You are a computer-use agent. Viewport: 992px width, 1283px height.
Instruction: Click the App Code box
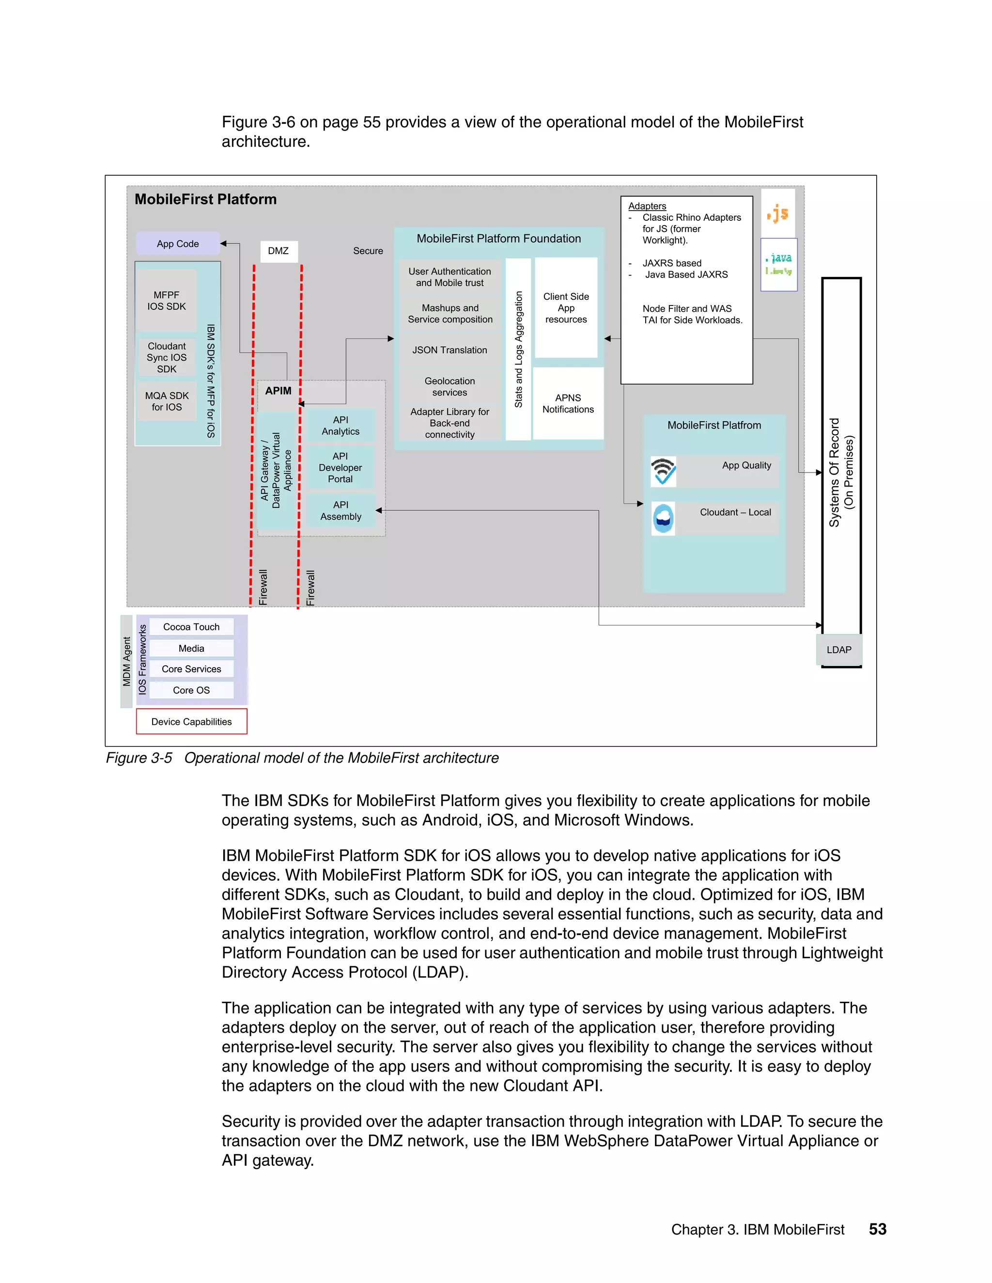pos(177,243)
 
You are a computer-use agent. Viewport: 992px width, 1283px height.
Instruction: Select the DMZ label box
pos(279,251)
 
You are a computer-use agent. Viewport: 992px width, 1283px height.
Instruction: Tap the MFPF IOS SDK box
pos(166,301)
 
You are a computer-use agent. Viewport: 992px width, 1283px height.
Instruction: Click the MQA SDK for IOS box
pos(167,402)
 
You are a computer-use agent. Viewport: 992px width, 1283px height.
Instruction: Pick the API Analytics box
pos(340,425)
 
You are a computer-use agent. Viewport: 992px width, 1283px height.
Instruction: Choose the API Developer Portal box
pos(340,468)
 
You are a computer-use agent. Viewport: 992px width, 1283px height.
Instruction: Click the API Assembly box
pos(340,510)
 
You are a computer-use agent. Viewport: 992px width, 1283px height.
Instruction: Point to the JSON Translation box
pos(449,350)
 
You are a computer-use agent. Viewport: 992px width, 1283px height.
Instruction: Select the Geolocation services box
pos(449,386)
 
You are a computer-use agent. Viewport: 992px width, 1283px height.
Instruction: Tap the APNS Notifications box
pos(568,404)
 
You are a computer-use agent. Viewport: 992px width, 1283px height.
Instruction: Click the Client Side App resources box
pos(566,308)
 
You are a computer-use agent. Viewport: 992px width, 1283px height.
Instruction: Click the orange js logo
pos(778,213)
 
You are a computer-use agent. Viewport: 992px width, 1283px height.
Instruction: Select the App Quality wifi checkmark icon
pos(664,471)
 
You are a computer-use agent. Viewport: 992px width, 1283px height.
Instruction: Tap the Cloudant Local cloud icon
pos(664,519)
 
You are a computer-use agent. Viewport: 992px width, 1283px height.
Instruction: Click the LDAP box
pos(838,650)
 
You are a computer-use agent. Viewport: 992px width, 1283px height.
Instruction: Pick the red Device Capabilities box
pos(192,721)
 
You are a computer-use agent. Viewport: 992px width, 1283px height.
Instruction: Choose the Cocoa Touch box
pos(192,627)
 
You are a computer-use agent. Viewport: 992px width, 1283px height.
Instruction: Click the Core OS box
pos(192,690)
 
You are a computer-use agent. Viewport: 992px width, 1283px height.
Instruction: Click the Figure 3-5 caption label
pos(139,758)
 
